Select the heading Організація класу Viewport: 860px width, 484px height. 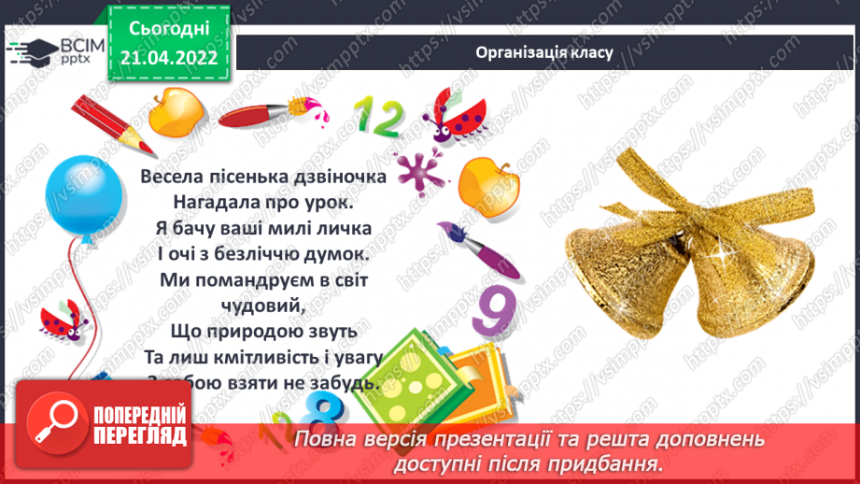(x=544, y=52)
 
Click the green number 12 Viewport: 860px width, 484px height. (x=377, y=117)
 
